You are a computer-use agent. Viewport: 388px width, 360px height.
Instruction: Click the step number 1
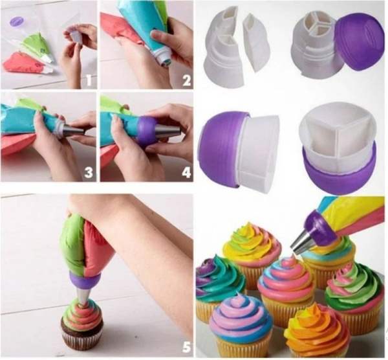click(x=89, y=80)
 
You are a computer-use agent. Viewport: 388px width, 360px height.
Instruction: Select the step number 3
click(x=89, y=172)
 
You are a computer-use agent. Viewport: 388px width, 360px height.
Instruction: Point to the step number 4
click(x=186, y=172)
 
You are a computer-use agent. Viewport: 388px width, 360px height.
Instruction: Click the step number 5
click(x=186, y=346)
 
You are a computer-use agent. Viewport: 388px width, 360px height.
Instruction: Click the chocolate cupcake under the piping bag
click(x=82, y=323)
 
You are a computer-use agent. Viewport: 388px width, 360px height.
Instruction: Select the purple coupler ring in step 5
click(x=85, y=280)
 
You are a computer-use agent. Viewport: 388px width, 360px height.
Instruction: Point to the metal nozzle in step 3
click(x=73, y=129)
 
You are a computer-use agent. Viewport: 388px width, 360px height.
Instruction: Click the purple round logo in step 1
click(x=17, y=21)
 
